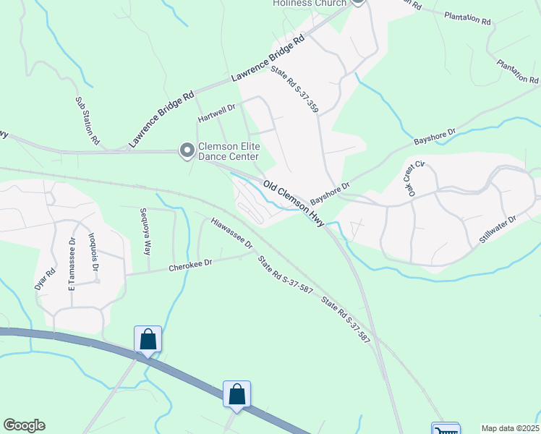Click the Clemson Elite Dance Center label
229,150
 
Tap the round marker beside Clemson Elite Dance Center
187,150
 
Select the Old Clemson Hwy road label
294,204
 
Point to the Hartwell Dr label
217,113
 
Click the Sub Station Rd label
88,122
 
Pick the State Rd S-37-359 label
294,90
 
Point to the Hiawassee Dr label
231,233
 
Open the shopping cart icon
446,430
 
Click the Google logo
24,425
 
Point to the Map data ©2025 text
510,428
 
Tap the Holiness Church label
310,4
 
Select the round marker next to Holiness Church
358,2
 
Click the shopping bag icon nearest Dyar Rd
148,339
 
